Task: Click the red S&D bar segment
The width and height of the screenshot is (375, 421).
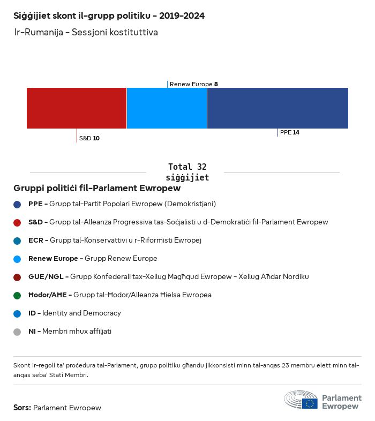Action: click(77, 108)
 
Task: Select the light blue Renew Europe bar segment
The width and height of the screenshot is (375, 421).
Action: click(167, 108)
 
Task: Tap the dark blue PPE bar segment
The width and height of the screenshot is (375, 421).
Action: click(277, 108)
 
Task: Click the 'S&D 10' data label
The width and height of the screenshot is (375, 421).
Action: click(89, 138)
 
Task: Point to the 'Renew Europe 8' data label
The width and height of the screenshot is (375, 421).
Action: click(193, 84)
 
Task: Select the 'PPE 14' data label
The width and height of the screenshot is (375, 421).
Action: click(289, 132)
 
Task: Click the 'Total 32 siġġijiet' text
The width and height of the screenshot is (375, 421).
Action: click(187, 172)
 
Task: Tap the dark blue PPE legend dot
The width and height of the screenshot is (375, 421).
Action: click(17, 204)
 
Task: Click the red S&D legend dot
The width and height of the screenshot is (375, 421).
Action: click(17, 222)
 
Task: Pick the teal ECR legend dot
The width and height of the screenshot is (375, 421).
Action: click(17, 240)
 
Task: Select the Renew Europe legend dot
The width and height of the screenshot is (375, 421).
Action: click(17, 259)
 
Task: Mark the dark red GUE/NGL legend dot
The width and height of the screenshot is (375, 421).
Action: click(17, 277)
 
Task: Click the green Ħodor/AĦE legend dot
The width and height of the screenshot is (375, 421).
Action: click(17, 295)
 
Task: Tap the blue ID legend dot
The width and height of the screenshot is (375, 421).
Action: click(17, 313)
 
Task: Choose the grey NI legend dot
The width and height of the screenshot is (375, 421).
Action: click(17, 332)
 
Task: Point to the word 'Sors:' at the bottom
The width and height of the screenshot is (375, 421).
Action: click(22, 408)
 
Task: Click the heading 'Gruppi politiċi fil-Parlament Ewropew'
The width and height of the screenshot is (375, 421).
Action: click(97, 189)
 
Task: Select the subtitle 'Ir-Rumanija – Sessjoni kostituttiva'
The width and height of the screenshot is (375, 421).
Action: click(86, 33)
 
